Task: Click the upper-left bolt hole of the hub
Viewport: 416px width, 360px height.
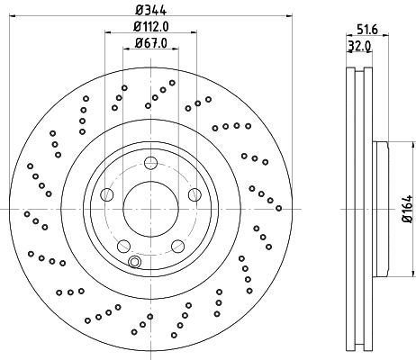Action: [107, 193]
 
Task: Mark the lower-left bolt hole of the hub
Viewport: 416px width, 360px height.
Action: [124, 245]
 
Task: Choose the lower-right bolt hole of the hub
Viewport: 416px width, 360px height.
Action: [177, 245]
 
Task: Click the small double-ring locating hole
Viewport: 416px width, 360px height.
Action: [134, 262]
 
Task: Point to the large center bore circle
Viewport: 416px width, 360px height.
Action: [150, 210]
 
